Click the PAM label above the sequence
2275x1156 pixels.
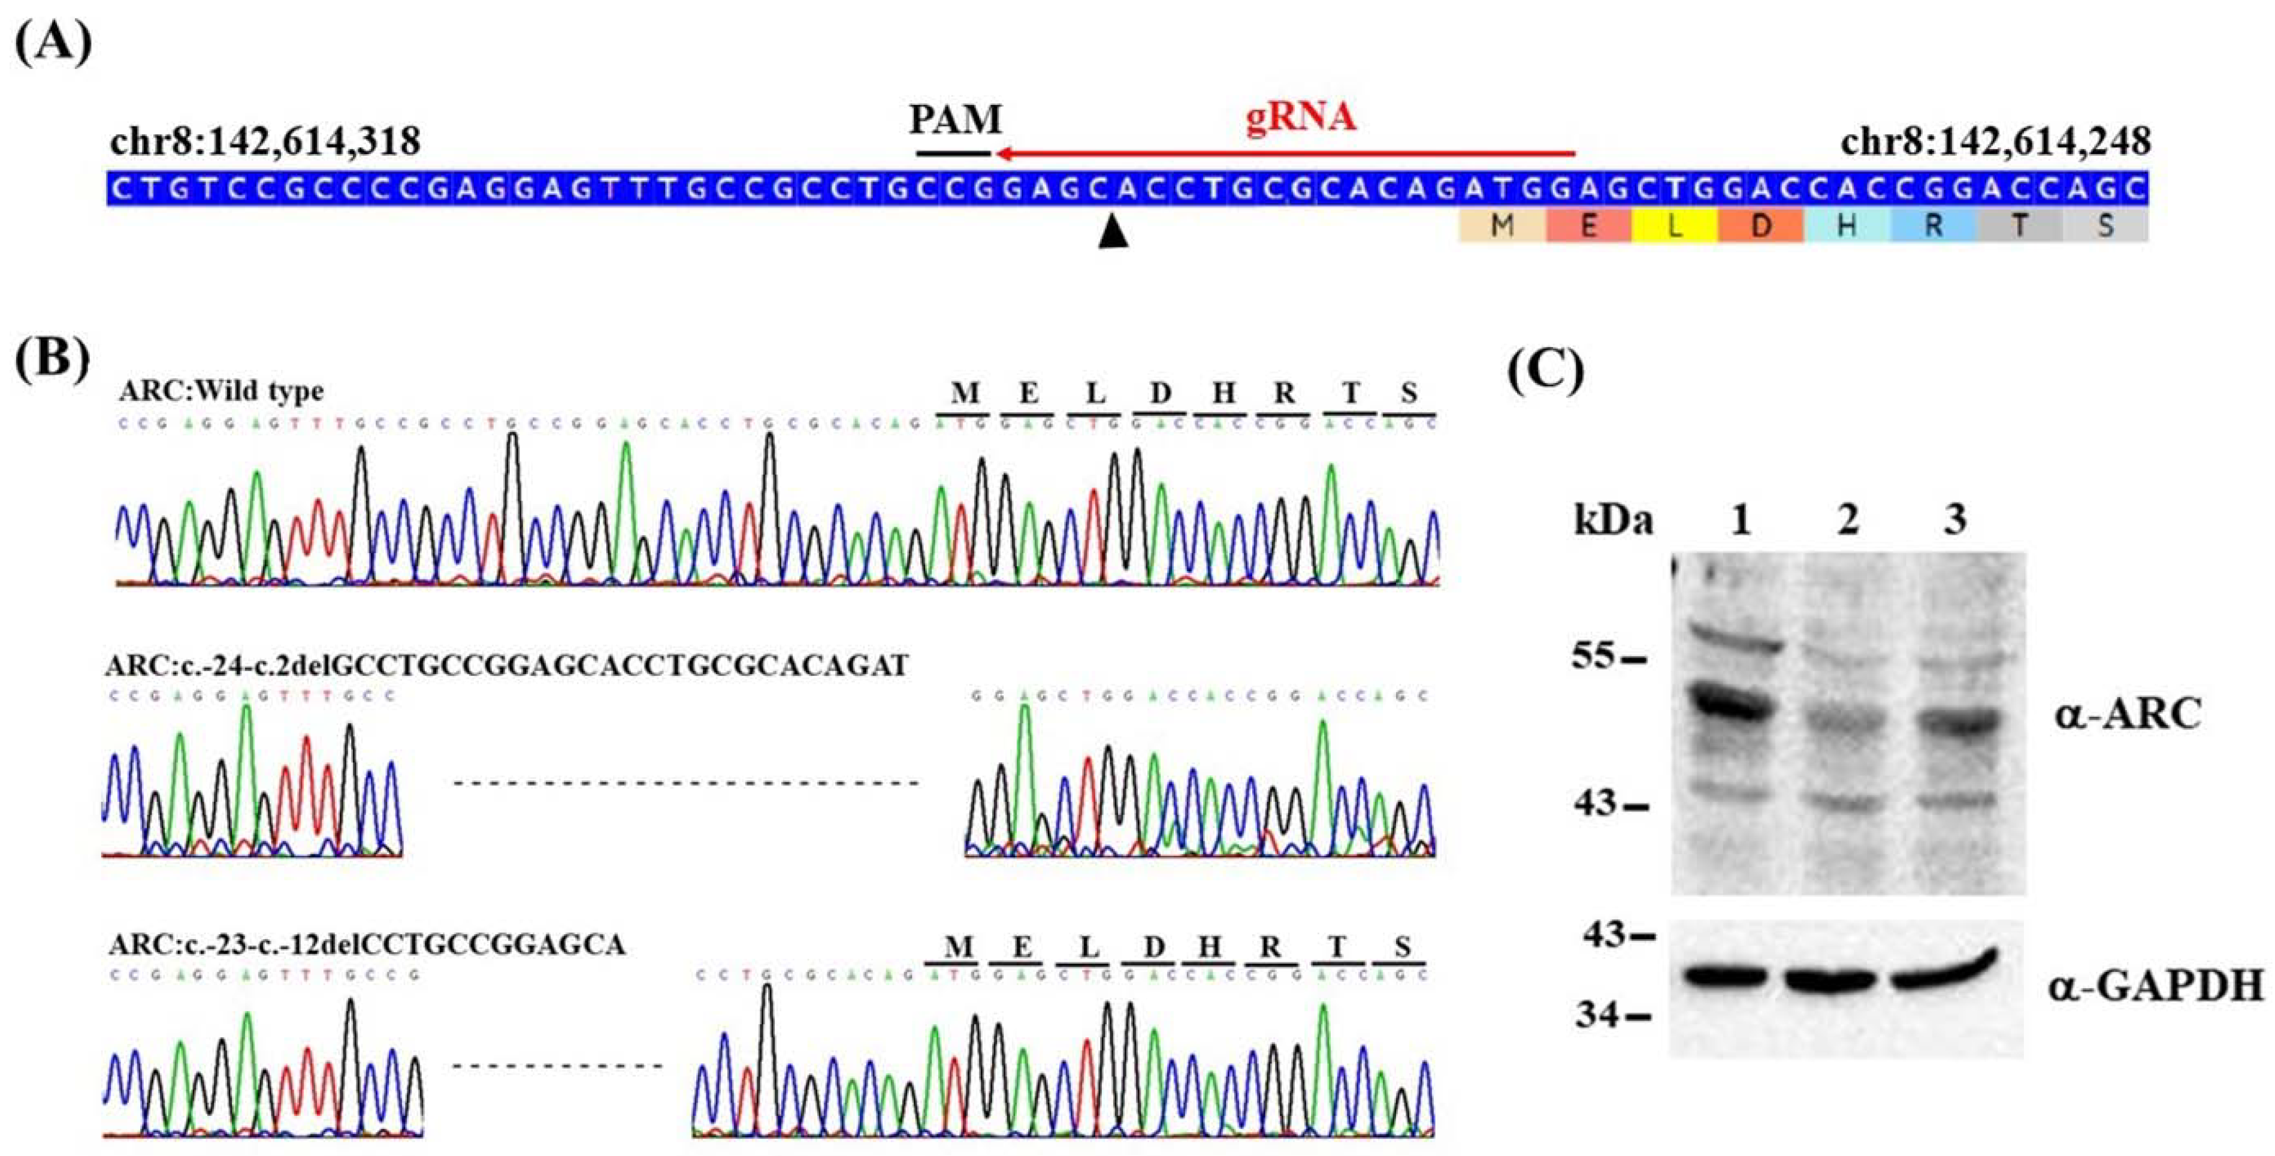pos(956,119)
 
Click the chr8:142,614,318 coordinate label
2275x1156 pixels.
pos(265,142)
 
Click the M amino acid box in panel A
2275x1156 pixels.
pos(1501,226)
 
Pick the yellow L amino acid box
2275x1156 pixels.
pos(1675,226)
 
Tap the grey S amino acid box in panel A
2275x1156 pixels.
pos(2106,226)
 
